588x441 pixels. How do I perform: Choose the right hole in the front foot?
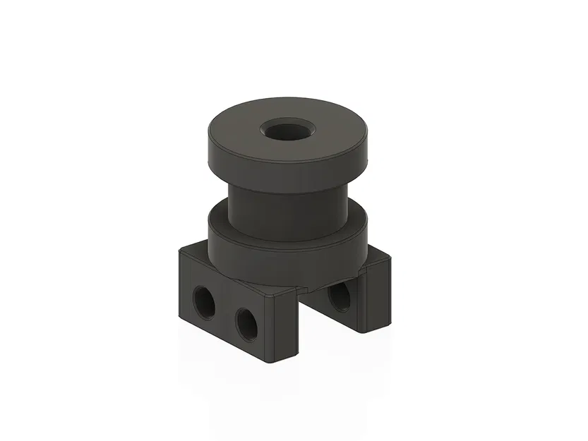coord(246,323)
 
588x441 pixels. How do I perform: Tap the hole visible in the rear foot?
coord(339,297)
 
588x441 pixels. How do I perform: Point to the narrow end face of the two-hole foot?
coord(286,328)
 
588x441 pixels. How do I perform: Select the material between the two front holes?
coord(225,314)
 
